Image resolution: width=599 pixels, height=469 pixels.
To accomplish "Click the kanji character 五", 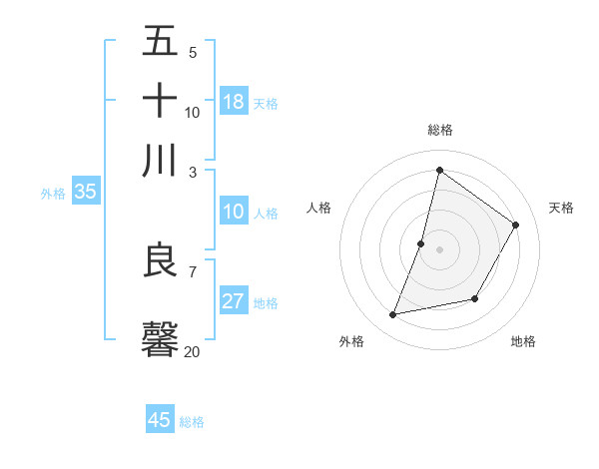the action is pyautogui.click(x=160, y=43).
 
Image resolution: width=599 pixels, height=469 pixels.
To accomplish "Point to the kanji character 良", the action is pyautogui.click(x=160, y=260).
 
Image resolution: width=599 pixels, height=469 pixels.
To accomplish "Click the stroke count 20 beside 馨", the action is pyautogui.click(x=192, y=351).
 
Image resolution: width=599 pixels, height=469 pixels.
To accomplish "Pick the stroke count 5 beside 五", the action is pyautogui.click(x=192, y=53).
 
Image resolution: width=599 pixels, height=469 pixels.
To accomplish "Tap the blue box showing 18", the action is pyautogui.click(x=234, y=102).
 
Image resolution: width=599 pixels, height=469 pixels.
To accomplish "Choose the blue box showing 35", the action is pyautogui.click(x=85, y=193).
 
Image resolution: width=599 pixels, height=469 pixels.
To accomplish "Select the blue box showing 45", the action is pyautogui.click(x=160, y=420).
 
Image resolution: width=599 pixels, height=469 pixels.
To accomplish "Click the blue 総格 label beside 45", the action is pyautogui.click(x=192, y=422).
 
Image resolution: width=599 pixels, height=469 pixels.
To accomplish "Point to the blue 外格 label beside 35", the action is pyautogui.click(x=53, y=194).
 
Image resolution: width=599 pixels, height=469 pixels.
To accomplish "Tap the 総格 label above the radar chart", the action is pyautogui.click(x=439, y=130).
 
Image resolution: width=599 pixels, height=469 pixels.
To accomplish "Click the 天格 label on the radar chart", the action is pyautogui.click(x=561, y=208).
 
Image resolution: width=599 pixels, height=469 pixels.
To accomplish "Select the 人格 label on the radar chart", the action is pyautogui.click(x=318, y=208).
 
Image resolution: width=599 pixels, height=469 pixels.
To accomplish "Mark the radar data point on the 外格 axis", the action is pyautogui.click(x=393, y=315).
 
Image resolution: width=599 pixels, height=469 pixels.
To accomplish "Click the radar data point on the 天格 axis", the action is pyautogui.click(x=516, y=225).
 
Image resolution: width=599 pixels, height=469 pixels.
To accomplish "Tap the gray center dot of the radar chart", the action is pyautogui.click(x=439, y=249).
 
